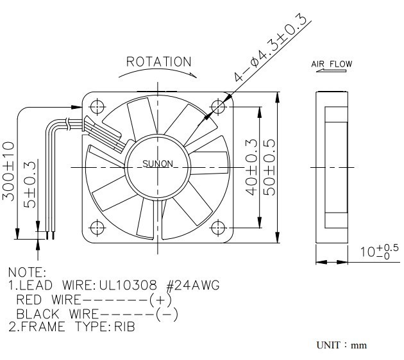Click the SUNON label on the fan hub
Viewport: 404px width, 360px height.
(x=158, y=164)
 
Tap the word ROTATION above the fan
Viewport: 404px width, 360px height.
(x=159, y=62)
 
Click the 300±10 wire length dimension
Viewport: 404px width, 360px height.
(x=9, y=171)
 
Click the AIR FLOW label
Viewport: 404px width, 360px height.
(x=332, y=64)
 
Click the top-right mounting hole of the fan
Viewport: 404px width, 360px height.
(x=221, y=104)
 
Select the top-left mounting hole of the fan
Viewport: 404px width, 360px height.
(x=97, y=104)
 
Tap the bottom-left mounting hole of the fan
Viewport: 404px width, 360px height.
(x=97, y=227)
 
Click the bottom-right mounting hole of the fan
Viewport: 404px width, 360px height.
(x=221, y=227)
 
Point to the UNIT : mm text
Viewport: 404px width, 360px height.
(x=341, y=345)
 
